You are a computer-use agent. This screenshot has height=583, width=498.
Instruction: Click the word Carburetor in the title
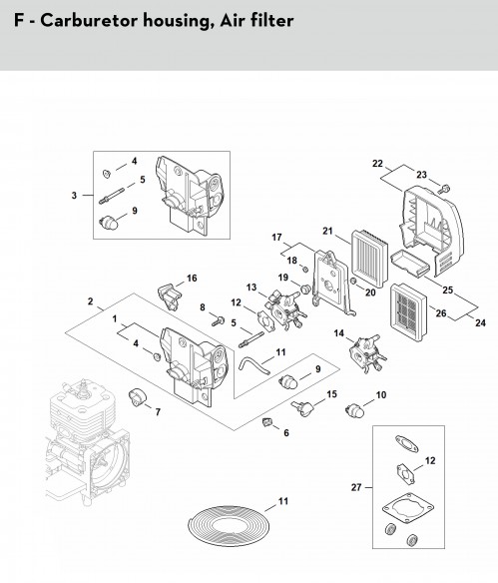(89, 20)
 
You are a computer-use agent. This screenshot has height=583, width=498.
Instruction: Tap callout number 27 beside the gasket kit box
(356, 487)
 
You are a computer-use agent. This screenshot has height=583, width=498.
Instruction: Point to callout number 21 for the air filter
(327, 232)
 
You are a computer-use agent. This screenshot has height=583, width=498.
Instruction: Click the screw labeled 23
(442, 190)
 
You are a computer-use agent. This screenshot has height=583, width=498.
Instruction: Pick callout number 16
(192, 279)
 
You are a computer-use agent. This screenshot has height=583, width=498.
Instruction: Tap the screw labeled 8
(219, 320)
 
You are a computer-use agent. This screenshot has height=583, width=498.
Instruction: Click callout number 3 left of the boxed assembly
(74, 196)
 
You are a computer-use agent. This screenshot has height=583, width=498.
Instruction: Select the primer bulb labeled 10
(354, 410)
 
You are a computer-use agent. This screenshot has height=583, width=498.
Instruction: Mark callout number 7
(158, 412)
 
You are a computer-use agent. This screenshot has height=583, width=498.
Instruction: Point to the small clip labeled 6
(266, 422)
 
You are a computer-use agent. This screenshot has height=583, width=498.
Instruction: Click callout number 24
(480, 322)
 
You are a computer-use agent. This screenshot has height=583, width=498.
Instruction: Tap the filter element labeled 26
(407, 312)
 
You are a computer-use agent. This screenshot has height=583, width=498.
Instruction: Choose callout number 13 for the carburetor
(251, 288)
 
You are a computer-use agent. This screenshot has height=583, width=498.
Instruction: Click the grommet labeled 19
(305, 289)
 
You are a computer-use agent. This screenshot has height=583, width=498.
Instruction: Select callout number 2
(90, 301)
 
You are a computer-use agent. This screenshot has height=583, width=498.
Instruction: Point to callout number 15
(332, 394)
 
